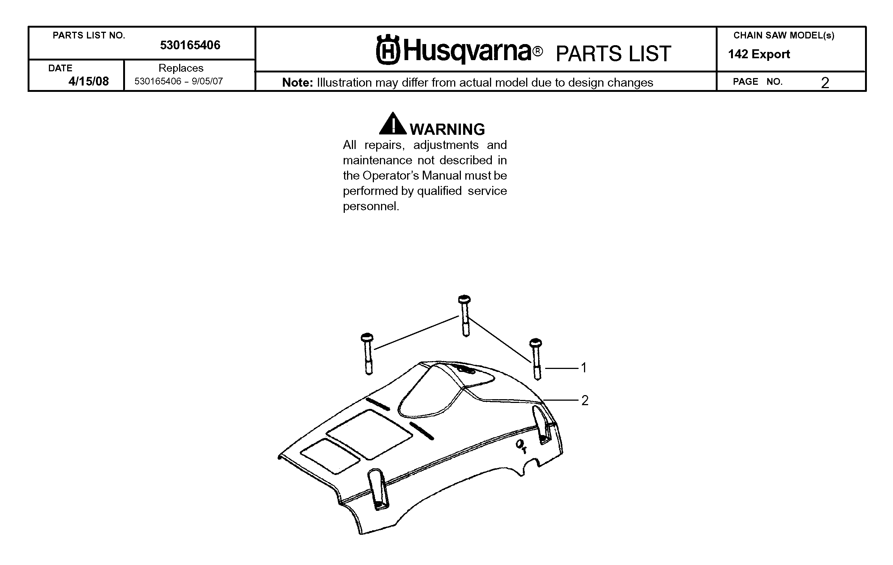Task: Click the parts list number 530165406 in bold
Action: coord(190,45)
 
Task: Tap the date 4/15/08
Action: coord(88,81)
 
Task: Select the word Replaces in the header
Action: coord(181,68)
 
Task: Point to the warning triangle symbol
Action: coord(393,123)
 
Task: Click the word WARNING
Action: coord(447,129)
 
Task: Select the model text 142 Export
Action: coord(759,55)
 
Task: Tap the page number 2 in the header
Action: coord(825,83)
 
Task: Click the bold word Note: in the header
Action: coord(297,83)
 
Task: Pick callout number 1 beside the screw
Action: coord(584,368)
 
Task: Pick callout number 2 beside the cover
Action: coord(585,400)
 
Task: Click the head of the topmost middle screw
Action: coord(464,299)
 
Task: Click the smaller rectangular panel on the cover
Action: coord(330,456)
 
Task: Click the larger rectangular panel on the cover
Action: coord(369,434)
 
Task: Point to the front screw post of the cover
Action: coord(378,490)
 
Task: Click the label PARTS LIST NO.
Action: coord(89,35)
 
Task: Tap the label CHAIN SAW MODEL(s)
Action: coord(784,35)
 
